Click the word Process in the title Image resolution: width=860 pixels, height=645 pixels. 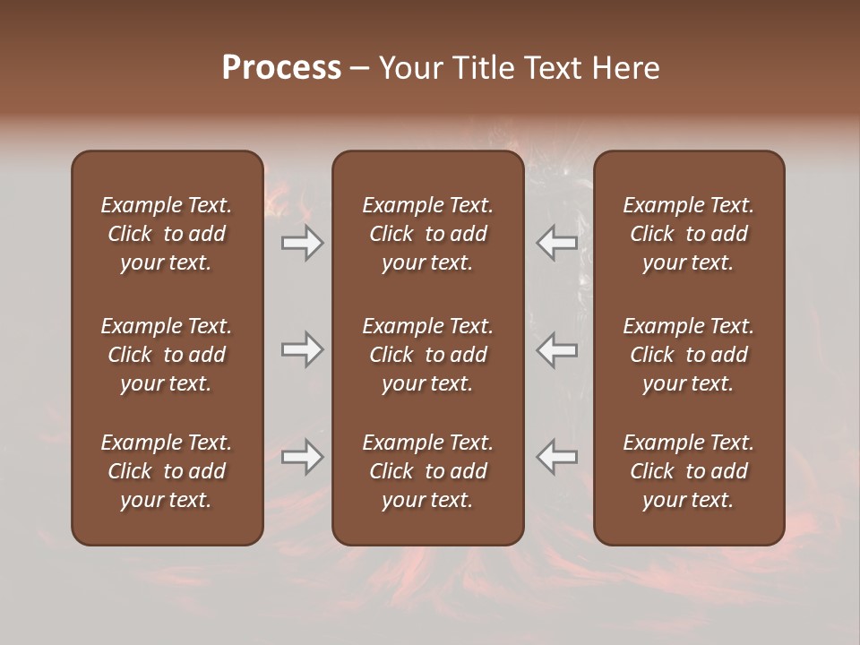click(281, 68)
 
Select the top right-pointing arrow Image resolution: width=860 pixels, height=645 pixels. click(303, 243)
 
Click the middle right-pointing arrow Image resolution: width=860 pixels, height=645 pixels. click(303, 349)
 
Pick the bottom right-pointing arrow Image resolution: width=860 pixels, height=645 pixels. click(303, 457)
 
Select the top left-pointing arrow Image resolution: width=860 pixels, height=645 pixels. click(556, 243)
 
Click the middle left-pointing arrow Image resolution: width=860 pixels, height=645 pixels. click(556, 349)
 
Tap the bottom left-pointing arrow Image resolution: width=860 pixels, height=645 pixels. click(556, 457)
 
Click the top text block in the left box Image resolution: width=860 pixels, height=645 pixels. click(167, 234)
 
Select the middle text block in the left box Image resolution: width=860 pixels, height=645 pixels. click(167, 355)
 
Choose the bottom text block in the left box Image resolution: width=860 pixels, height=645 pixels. click(167, 471)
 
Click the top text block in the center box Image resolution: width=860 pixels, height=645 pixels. click(427, 234)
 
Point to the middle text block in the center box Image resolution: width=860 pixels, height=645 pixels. click(427, 355)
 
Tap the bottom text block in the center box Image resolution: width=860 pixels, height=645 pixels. click(427, 471)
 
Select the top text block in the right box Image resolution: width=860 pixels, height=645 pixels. click(688, 234)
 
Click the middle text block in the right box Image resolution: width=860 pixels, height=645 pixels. click(688, 355)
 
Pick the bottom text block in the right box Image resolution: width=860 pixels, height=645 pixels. click(688, 471)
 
